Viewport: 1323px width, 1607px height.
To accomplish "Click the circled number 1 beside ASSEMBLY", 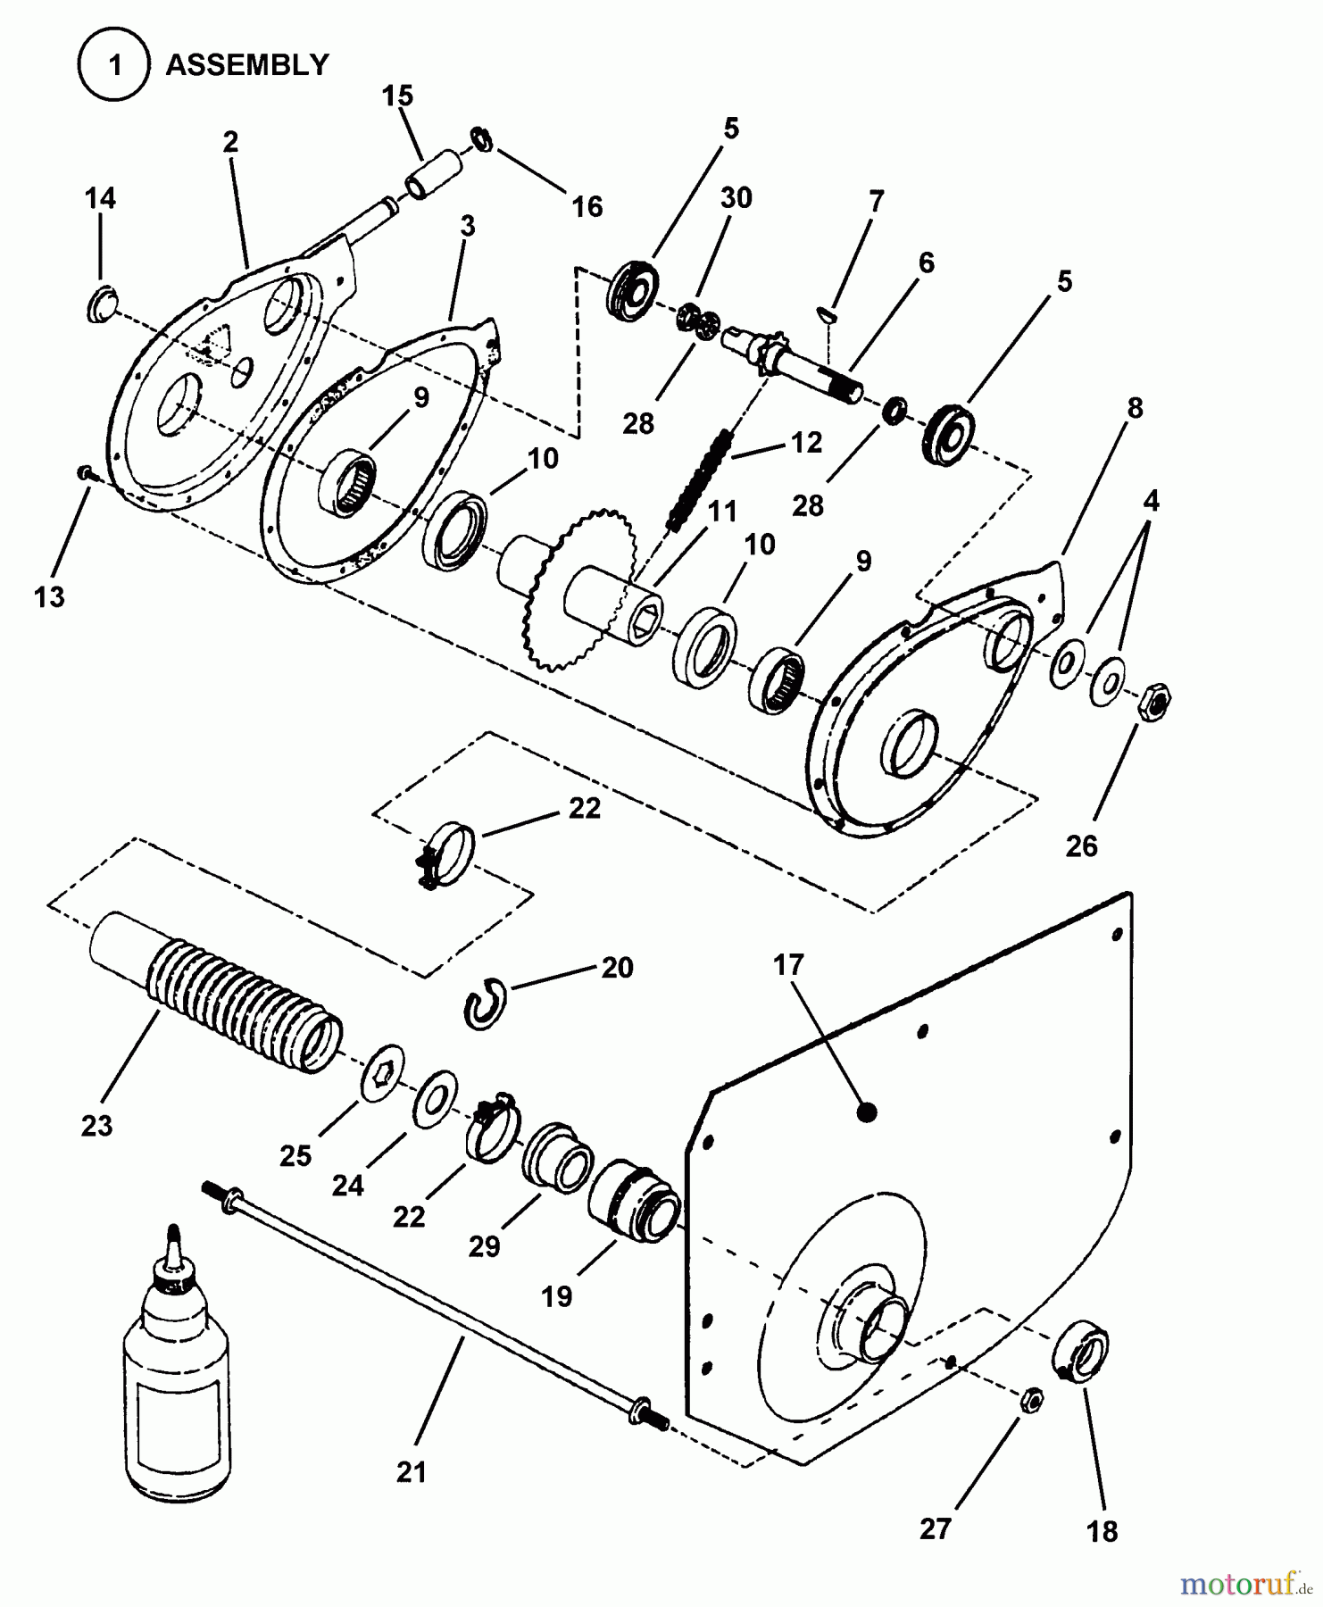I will [x=113, y=65].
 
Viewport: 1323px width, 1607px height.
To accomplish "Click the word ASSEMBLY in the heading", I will [x=247, y=65].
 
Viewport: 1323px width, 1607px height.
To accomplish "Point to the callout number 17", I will [x=789, y=965].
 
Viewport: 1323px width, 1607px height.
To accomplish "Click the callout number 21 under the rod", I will [x=411, y=1472].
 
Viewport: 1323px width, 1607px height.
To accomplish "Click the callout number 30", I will [x=736, y=197].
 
